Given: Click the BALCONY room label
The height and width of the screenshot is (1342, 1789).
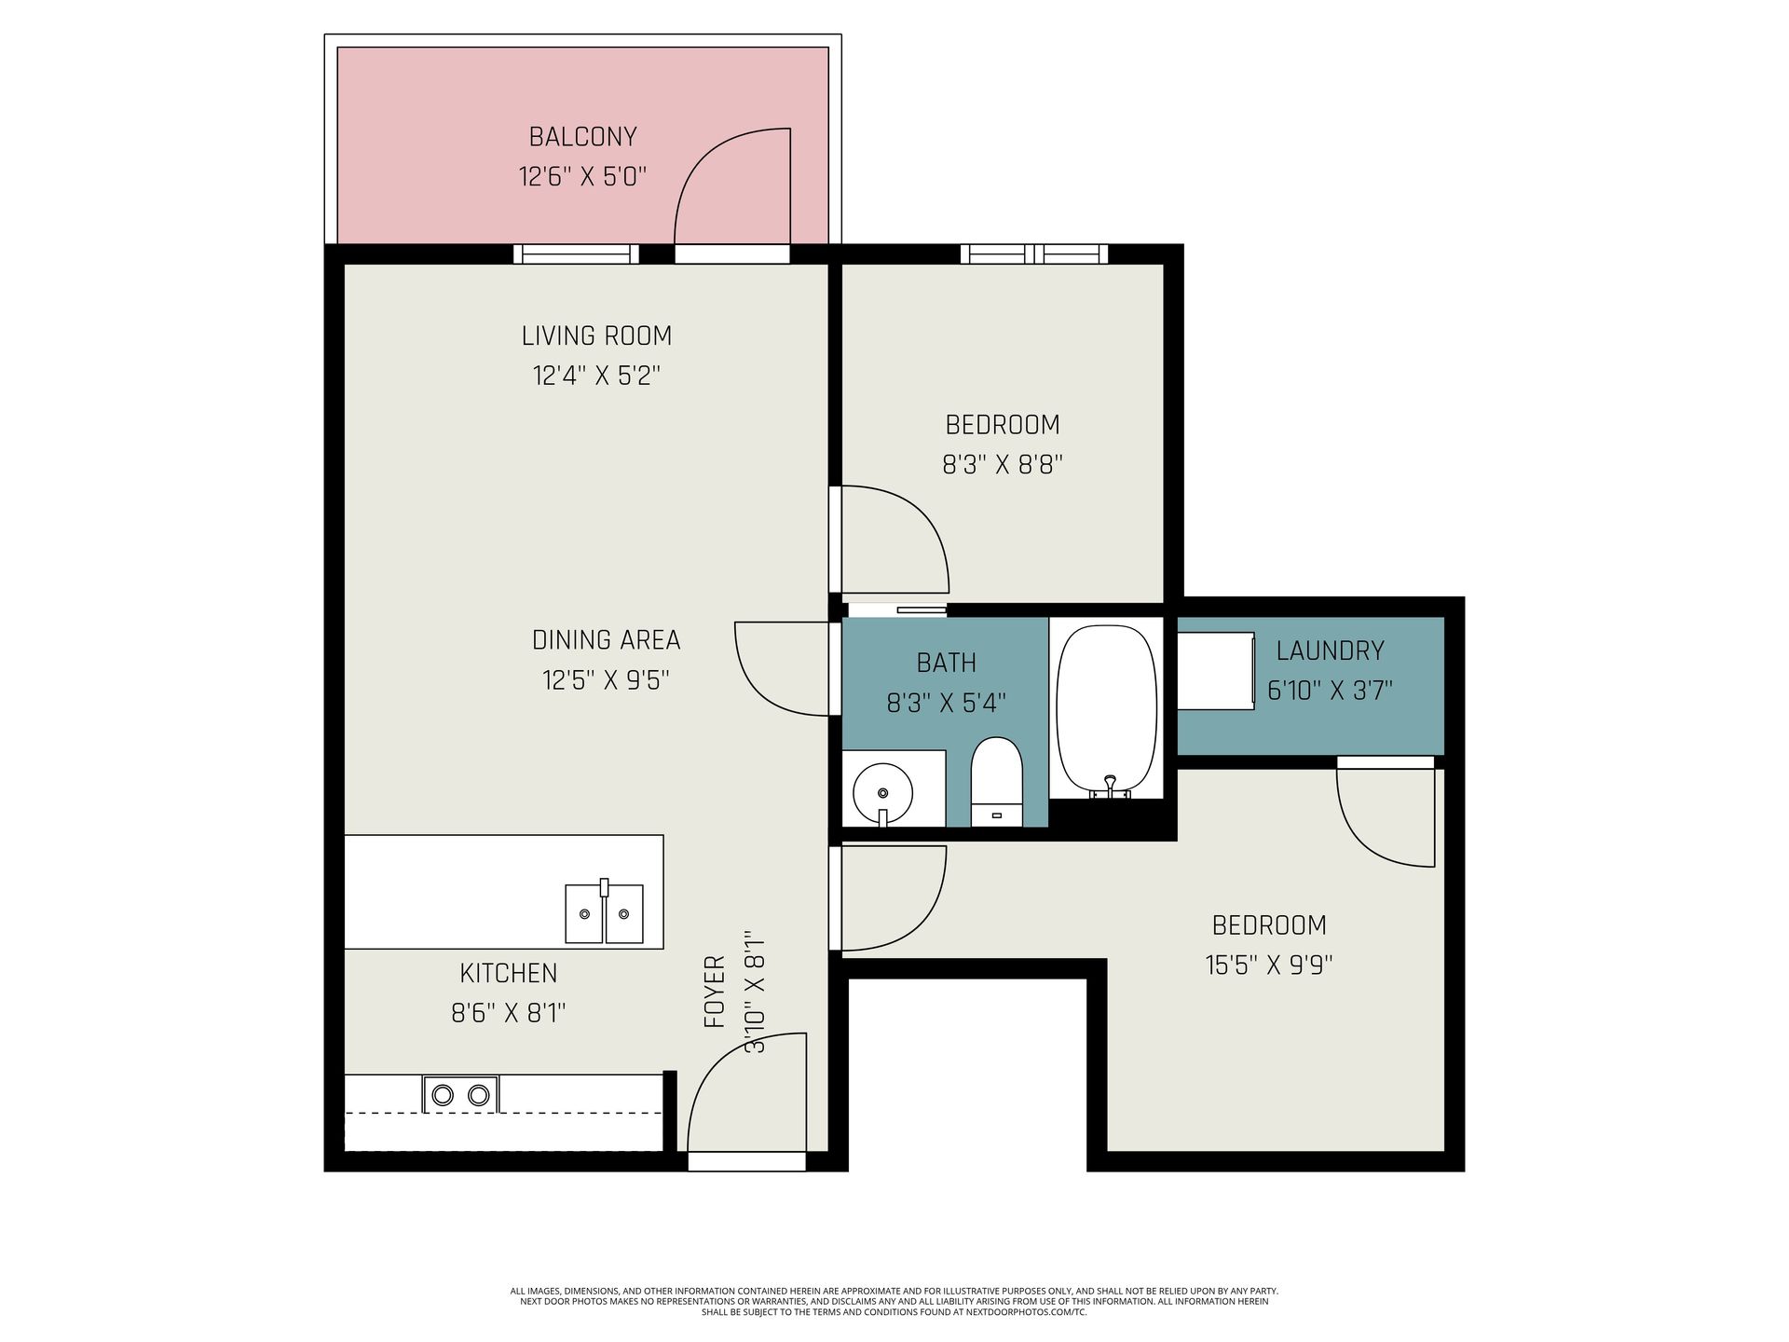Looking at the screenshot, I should (582, 137).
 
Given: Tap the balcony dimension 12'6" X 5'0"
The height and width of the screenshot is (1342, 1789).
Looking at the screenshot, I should (582, 176).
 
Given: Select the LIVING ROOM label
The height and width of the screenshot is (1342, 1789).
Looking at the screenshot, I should (596, 335).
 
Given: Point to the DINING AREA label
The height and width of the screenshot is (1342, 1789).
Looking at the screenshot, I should (606, 640).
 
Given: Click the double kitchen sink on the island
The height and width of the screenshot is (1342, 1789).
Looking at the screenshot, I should (604, 913).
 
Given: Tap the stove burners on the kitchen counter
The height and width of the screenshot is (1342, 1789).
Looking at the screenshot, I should (460, 1094).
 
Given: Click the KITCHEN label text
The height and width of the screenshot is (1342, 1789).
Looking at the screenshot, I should (508, 973).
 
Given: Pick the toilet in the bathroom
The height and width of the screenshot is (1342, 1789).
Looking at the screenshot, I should (996, 781).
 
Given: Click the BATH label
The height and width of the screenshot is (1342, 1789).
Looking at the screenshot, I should (947, 663).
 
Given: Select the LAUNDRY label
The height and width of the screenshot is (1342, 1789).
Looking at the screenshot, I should (1330, 650).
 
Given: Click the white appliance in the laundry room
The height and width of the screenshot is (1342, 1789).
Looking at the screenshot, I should (1215, 671).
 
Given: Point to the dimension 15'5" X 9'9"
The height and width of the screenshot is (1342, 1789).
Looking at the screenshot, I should (1269, 965).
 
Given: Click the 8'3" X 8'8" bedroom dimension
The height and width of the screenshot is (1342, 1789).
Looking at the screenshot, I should (1003, 464).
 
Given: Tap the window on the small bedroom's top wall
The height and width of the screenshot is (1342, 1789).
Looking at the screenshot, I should (1034, 253).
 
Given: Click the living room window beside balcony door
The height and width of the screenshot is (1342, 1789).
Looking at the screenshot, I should (576, 253).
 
